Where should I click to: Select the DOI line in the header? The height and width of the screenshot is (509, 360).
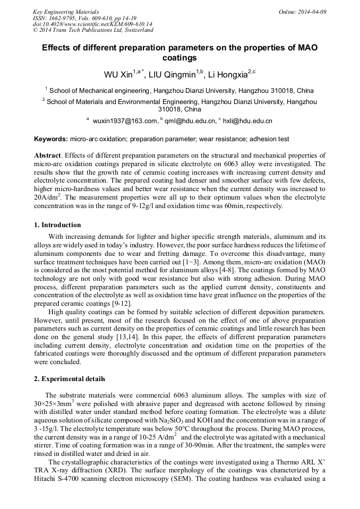(x=92, y=24)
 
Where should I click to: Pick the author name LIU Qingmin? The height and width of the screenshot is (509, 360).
(x=174, y=73)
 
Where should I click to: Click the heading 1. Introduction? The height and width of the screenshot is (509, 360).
(x=58, y=225)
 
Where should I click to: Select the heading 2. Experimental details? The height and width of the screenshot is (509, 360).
(x=70, y=379)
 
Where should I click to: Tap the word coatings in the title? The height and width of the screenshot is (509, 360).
(x=180, y=58)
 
